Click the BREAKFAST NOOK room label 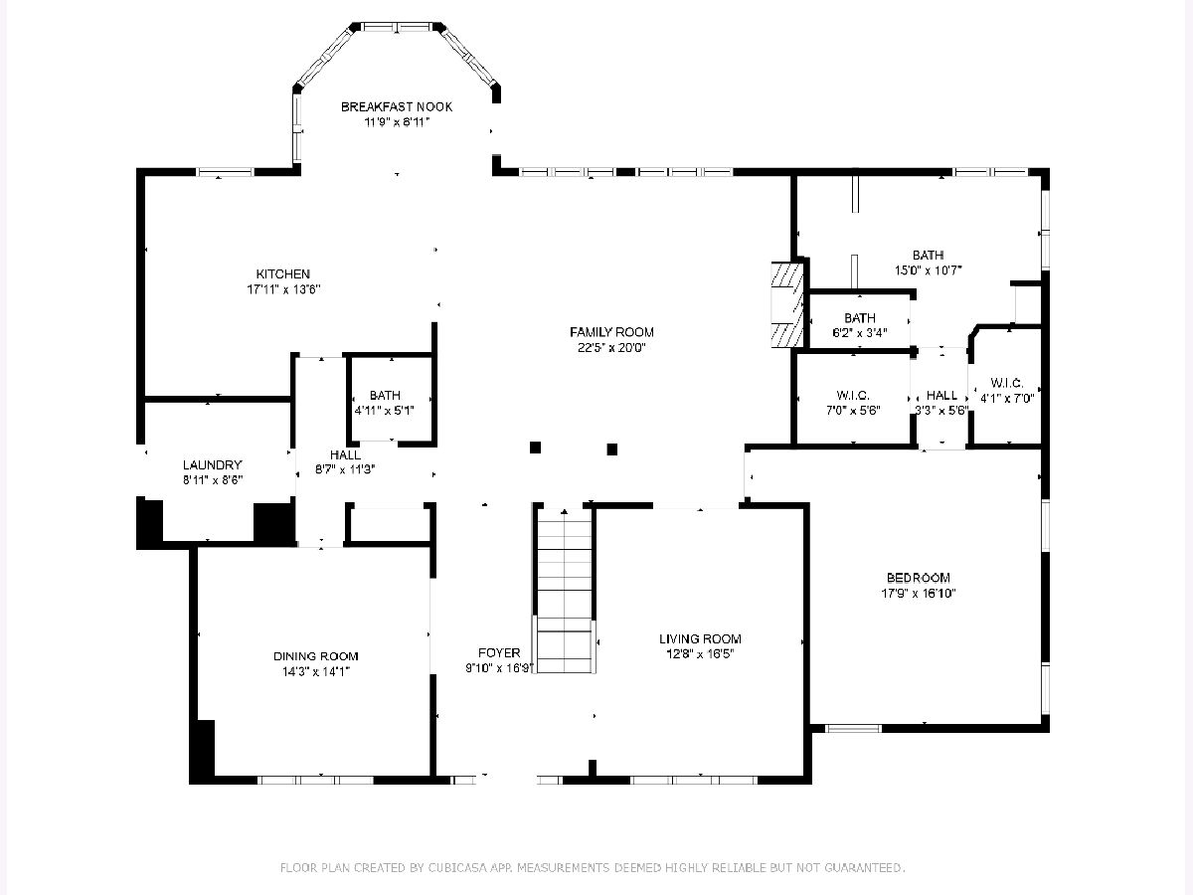[397, 107]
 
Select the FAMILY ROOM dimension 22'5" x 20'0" [611, 347]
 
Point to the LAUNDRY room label [212, 464]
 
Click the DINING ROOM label [316, 656]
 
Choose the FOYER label [499, 652]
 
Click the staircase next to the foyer [564, 591]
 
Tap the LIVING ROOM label [700, 638]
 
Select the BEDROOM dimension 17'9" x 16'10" [918, 593]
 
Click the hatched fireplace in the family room [787, 305]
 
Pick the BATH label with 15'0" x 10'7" [928, 255]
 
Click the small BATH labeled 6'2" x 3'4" [860, 317]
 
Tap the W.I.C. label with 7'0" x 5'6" [853, 395]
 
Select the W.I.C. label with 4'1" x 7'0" [1006, 383]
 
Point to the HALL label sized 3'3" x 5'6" [941, 395]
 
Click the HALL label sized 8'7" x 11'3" [345, 454]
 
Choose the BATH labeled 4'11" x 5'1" [385, 395]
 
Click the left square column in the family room [535, 447]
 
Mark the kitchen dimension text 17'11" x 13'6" [283, 289]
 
